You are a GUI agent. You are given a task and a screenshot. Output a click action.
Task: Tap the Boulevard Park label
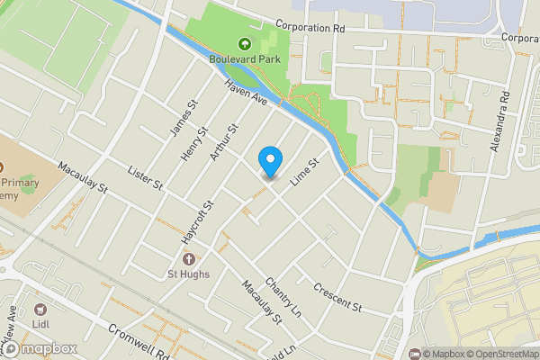point(245,59)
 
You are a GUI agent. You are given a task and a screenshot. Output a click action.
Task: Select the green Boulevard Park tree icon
point(244,43)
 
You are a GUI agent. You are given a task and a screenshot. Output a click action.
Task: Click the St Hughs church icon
point(188,259)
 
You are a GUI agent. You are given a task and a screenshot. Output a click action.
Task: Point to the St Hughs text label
point(189,274)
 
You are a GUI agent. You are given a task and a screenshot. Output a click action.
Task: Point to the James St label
point(184,119)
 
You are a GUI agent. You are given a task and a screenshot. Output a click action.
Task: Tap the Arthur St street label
point(222,144)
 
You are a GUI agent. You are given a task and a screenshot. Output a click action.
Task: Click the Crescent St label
point(337,298)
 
